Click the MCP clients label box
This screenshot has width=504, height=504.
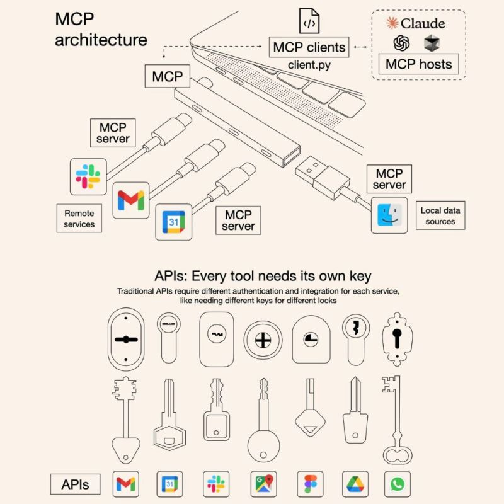coord(309,47)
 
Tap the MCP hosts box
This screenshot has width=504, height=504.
coord(418,64)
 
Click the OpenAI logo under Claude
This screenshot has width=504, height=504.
coord(401,43)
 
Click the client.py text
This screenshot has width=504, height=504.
coord(309,64)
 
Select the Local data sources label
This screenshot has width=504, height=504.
coord(440,215)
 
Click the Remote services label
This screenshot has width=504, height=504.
coord(79,219)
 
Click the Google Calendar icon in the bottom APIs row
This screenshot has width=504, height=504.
coord(170,484)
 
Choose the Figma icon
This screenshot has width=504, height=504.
coord(307,484)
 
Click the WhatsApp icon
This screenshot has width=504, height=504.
coord(398,484)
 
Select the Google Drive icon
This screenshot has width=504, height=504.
coord(353,484)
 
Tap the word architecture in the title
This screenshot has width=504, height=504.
coord(101,40)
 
